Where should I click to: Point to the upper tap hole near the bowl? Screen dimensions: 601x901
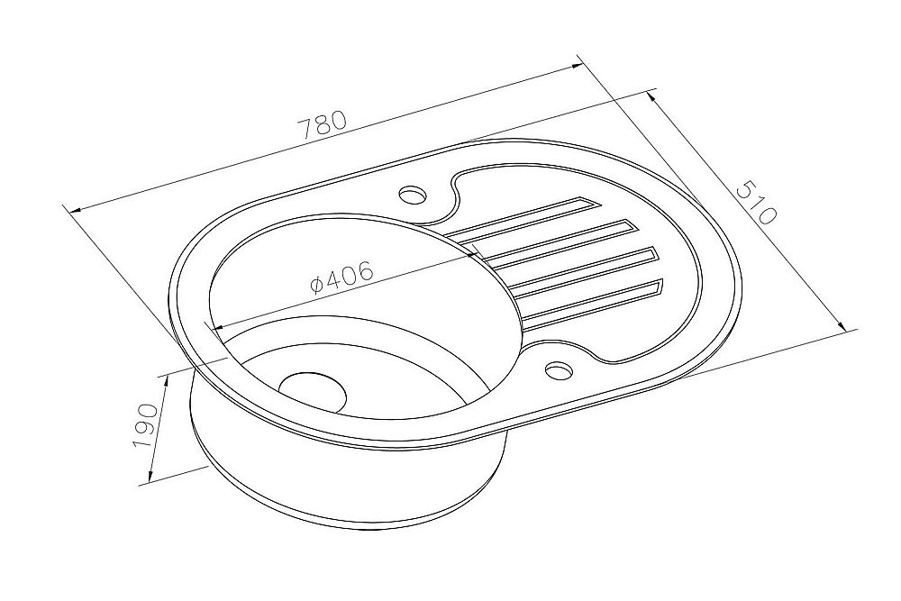(x=413, y=194)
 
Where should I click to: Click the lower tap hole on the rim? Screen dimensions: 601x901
(x=559, y=369)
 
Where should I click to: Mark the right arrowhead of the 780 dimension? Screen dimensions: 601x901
(x=576, y=64)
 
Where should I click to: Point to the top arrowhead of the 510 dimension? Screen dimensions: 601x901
(x=652, y=93)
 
